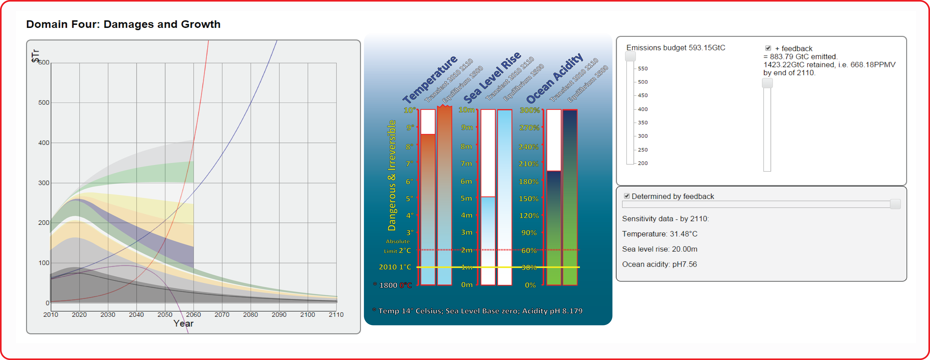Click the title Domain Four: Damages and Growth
coord(123,24)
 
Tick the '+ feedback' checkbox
coord(768,48)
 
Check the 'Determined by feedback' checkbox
coord(627,196)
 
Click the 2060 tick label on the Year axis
coord(193,314)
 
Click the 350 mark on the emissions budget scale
coord(643,122)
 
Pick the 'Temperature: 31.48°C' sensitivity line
coord(660,234)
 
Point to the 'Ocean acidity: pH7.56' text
coord(659,264)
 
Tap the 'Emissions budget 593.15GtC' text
coord(675,48)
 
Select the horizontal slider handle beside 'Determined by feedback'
coord(895,204)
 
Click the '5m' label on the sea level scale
coord(466,198)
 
